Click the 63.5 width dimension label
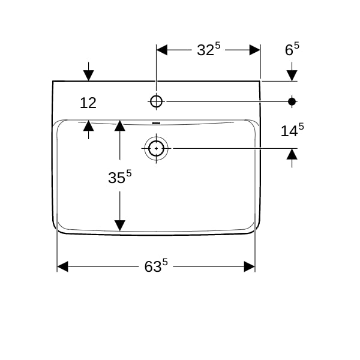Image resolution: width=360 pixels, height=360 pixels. coord(156,266)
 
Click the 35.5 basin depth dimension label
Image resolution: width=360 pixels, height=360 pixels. coord(120,176)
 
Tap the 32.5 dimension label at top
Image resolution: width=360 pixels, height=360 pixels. coord(209,49)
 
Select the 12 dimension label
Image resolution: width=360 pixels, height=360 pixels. coord(88,103)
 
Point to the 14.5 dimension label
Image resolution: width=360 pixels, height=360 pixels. coord(292,130)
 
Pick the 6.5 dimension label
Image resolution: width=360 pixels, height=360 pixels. coord(292,49)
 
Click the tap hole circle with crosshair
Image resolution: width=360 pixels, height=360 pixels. coord(156,101)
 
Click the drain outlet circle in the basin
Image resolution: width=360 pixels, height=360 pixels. coord(156,149)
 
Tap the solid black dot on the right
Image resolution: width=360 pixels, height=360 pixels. coord(292,101)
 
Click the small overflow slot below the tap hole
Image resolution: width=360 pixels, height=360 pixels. coord(156,123)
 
